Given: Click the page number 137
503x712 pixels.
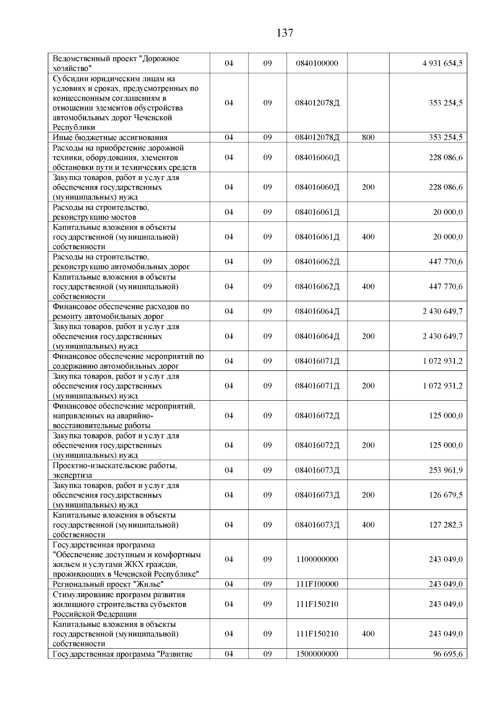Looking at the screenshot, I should click(x=285, y=33).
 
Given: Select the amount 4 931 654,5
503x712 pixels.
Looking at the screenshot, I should click(x=443, y=63).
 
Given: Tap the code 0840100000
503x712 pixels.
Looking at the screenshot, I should click(x=316, y=63).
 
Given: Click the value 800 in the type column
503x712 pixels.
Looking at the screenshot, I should click(x=368, y=137).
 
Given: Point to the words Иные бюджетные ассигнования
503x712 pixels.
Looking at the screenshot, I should click(x=110, y=138).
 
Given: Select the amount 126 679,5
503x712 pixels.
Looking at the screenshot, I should click(x=446, y=495).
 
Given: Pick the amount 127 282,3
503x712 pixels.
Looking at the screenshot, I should click(x=446, y=524).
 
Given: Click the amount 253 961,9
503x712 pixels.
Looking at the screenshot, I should click(x=446, y=470).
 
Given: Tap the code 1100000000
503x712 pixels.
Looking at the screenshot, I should click(x=316, y=559).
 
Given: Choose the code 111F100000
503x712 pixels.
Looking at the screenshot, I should click(x=316, y=584).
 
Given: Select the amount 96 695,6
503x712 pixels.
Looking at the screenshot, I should click(x=448, y=654).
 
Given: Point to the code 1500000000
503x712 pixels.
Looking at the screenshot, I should click(x=316, y=654).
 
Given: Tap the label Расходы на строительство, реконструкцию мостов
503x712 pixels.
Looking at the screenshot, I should click(x=101, y=212).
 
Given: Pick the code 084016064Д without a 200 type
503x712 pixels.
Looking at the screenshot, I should click(x=317, y=311).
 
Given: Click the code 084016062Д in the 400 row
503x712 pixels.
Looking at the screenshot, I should click(x=317, y=287).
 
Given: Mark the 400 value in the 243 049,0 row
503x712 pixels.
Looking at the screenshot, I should click(x=368, y=634).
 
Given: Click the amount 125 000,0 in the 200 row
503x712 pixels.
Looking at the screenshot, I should click(x=446, y=445).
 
